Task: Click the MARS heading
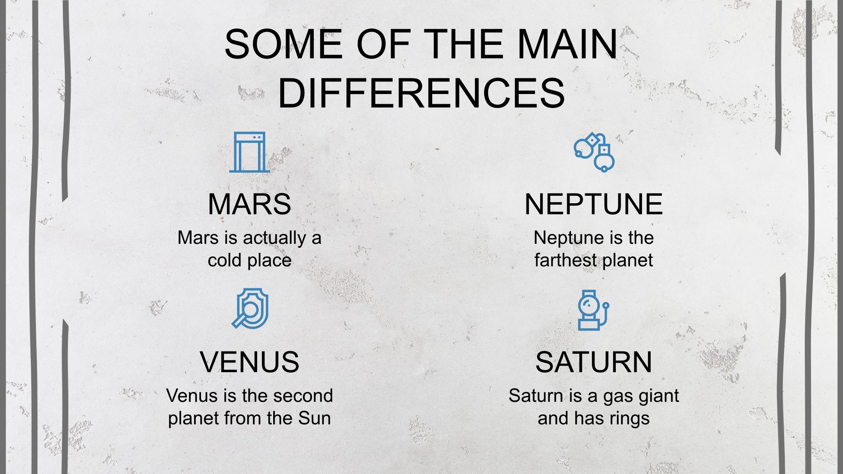coord(249,204)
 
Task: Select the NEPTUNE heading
coord(594,204)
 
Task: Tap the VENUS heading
coord(249,362)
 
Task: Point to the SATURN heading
coord(594,362)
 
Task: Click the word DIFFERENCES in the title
coord(421,93)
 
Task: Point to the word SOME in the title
coord(283,44)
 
